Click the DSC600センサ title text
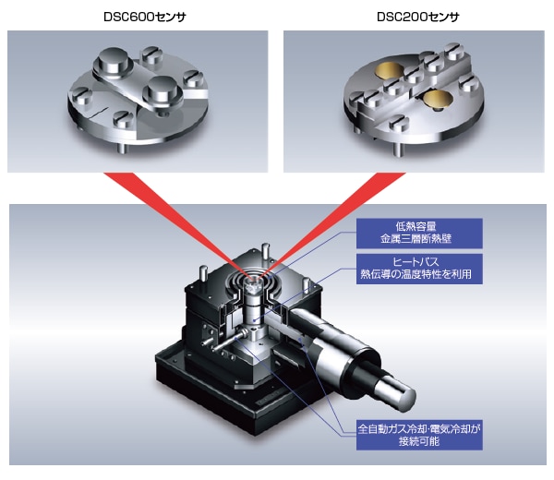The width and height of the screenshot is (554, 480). [x=145, y=17]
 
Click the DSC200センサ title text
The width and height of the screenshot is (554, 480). [x=418, y=17]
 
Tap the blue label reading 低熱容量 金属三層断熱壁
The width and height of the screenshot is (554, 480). [x=419, y=234]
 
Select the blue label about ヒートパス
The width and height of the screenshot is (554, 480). [x=419, y=269]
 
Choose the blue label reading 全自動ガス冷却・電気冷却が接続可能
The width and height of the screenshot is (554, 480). [x=419, y=435]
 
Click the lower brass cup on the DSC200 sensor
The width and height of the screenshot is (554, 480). [x=437, y=98]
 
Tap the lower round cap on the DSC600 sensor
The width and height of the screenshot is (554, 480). [x=163, y=90]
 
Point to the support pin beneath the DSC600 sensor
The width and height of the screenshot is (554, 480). [x=122, y=149]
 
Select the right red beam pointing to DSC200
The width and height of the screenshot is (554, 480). [x=335, y=224]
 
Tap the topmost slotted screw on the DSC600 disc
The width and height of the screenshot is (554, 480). [x=151, y=54]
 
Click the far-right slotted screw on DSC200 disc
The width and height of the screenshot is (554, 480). [x=470, y=84]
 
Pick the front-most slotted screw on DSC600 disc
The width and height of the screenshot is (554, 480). [x=124, y=119]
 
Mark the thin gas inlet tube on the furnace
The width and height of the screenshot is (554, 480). [x=227, y=342]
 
